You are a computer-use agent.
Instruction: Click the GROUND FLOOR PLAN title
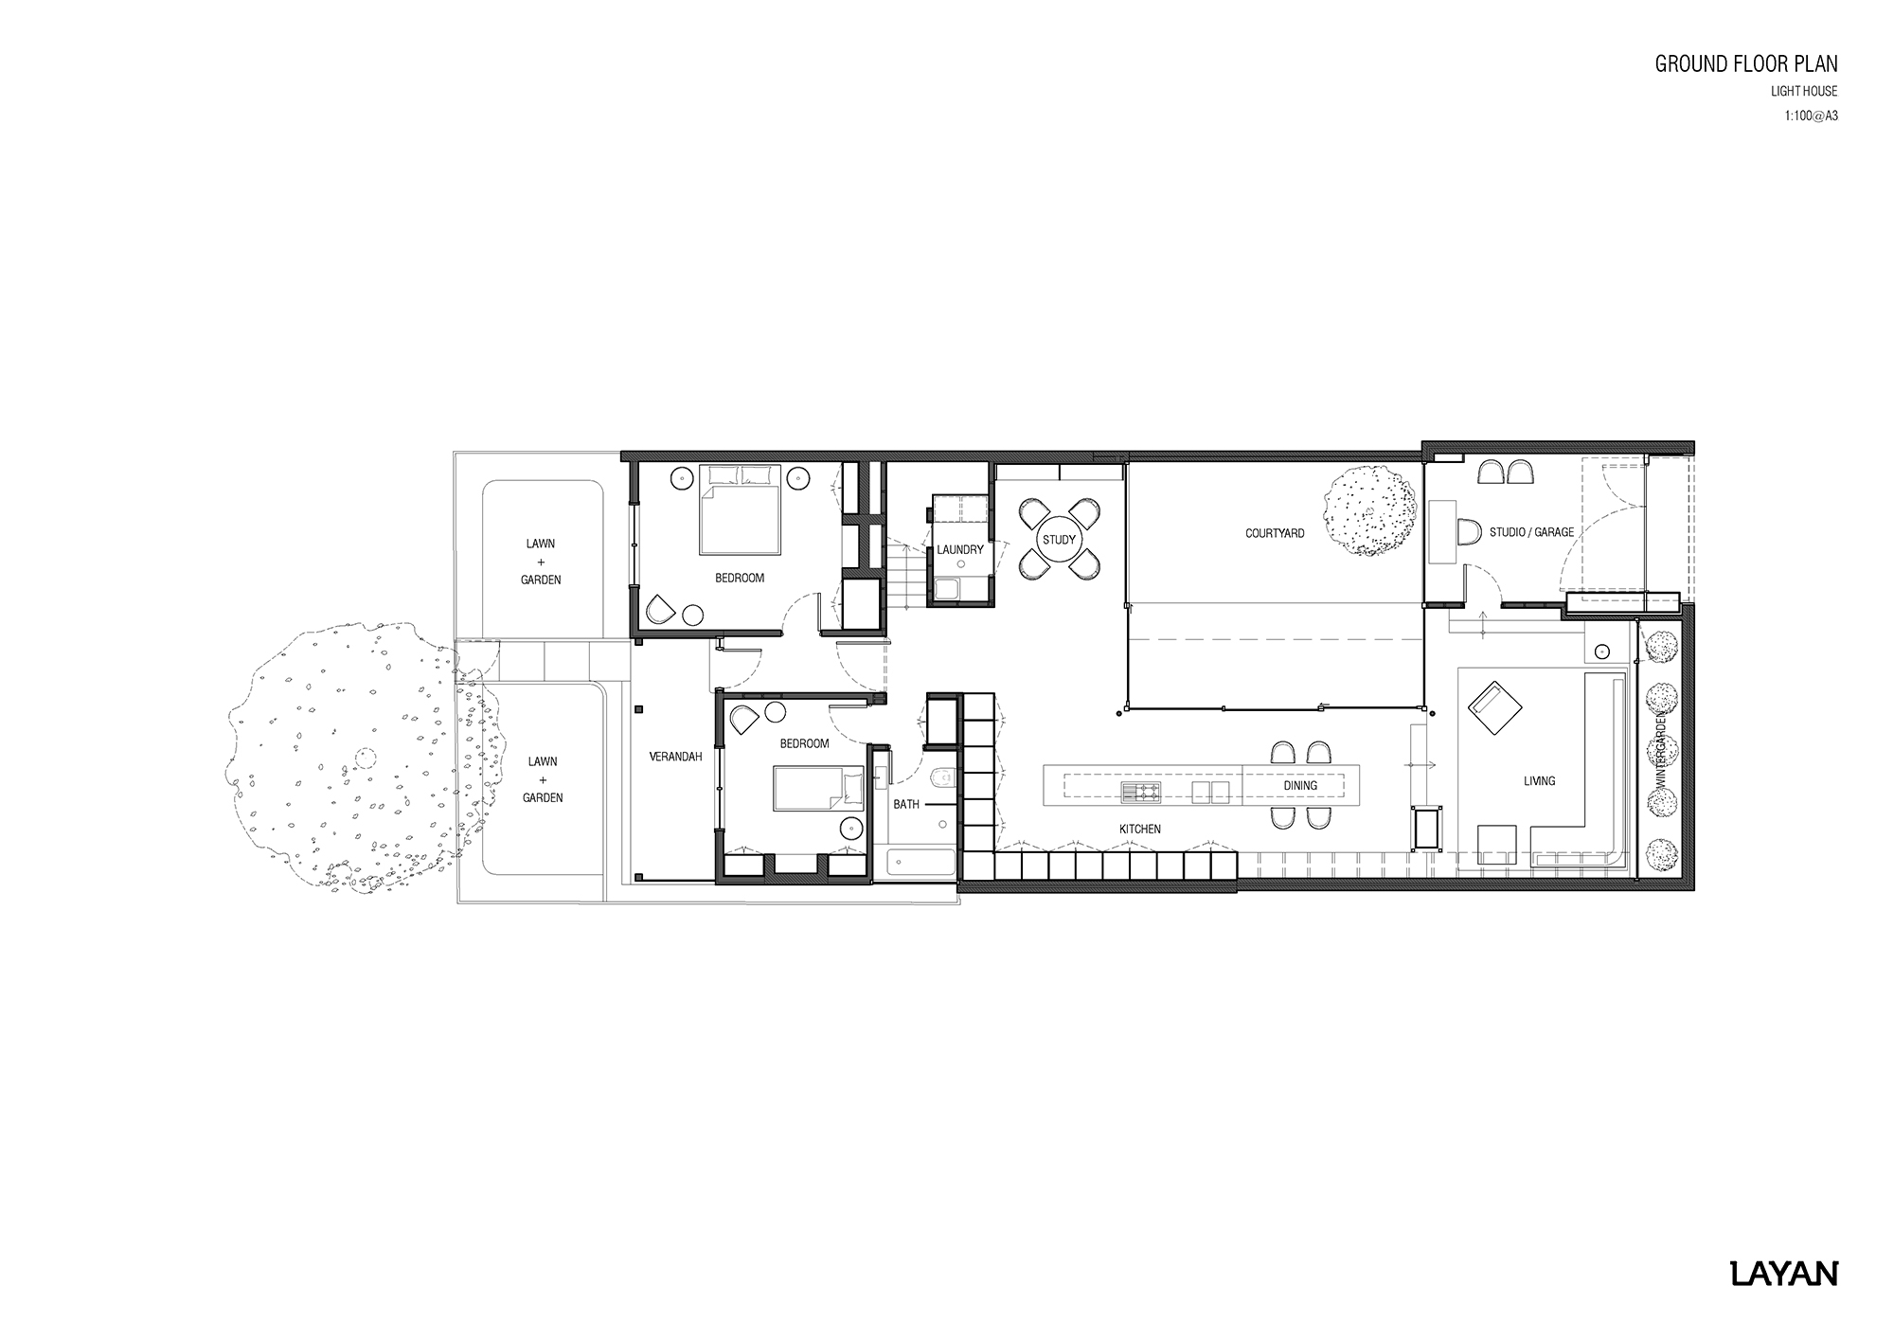coord(1745,64)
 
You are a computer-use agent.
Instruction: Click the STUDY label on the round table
coord(1059,541)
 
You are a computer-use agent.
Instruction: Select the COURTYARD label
coord(1275,534)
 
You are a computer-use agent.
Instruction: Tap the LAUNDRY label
coord(959,550)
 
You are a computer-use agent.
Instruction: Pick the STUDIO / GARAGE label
coord(1531,532)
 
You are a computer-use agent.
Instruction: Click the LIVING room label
coord(1539,781)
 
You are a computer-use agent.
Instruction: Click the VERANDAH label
coord(675,758)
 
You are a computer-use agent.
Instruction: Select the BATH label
coord(906,805)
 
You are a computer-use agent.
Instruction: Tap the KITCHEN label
coord(1139,830)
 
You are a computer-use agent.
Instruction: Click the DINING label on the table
coord(1300,786)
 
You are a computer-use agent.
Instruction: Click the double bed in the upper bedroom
coord(741,510)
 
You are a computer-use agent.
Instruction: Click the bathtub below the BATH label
coord(920,864)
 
